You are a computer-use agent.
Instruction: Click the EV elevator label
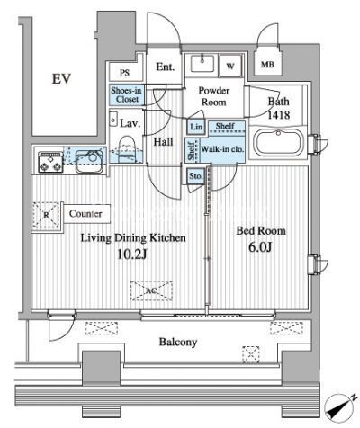point(61,79)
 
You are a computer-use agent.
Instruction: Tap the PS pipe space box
point(125,73)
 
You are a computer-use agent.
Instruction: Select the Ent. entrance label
point(165,67)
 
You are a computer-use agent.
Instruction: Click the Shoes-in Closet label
point(126,94)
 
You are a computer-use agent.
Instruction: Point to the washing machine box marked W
point(230,66)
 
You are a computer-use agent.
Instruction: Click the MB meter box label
point(267,65)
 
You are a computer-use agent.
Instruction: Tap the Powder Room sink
point(202,63)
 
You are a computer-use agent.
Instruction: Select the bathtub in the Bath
point(278,143)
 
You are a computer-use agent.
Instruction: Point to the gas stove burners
point(50,163)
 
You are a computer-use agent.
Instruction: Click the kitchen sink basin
point(89,162)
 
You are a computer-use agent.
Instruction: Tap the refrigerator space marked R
point(46,215)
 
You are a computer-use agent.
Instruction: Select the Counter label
point(85,214)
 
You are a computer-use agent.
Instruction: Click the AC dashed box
point(152,290)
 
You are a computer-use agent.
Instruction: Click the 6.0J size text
point(260,248)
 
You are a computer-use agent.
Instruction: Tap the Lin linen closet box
point(196,127)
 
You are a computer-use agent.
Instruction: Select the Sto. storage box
point(196,176)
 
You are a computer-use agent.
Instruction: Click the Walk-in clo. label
point(222,149)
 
